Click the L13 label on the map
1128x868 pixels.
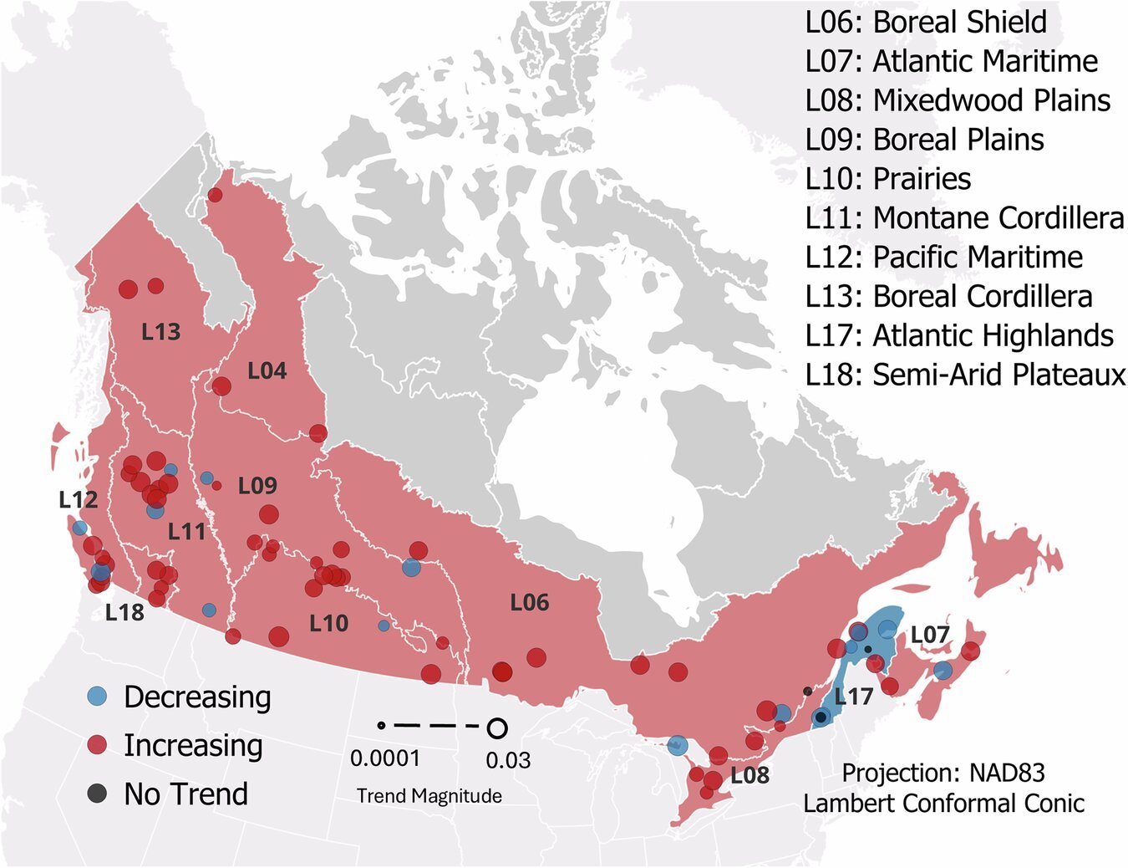pyautogui.click(x=160, y=332)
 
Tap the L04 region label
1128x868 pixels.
pyautogui.click(x=267, y=370)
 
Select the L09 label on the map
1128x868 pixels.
pyautogui.click(x=257, y=486)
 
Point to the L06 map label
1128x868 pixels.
pyautogui.click(x=530, y=602)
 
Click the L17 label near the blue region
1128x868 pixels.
pyautogui.click(x=853, y=696)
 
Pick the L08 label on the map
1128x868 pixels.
pyautogui.click(x=749, y=775)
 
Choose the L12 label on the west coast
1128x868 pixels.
pyautogui.click(x=78, y=500)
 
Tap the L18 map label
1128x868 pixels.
pyautogui.click(x=124, y=613)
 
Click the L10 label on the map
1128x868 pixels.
pyautogui.click(x=328, y=623)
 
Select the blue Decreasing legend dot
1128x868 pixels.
pyautogui.click(x=99, y=696)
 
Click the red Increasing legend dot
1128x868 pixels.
pyautogui.click(x=99, y=744)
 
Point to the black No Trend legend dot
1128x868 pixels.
pyautogui.click(x=99, y=793)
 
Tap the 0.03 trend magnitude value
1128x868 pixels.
pyautogui.click(x=508, y=760)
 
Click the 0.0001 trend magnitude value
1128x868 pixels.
pyautogui.click(x=385, y=759)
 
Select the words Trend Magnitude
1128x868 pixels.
pyautogui.click(x=429, y=795)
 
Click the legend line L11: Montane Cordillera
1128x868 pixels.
pyautogui.click(x=964, y=218)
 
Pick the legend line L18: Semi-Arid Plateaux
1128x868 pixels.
pyautogui.click(x=965, y=375)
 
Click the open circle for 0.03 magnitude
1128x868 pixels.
pyautogui.click(x=497, y=728)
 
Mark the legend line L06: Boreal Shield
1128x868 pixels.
pyautogui.click(x=926, y=22)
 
